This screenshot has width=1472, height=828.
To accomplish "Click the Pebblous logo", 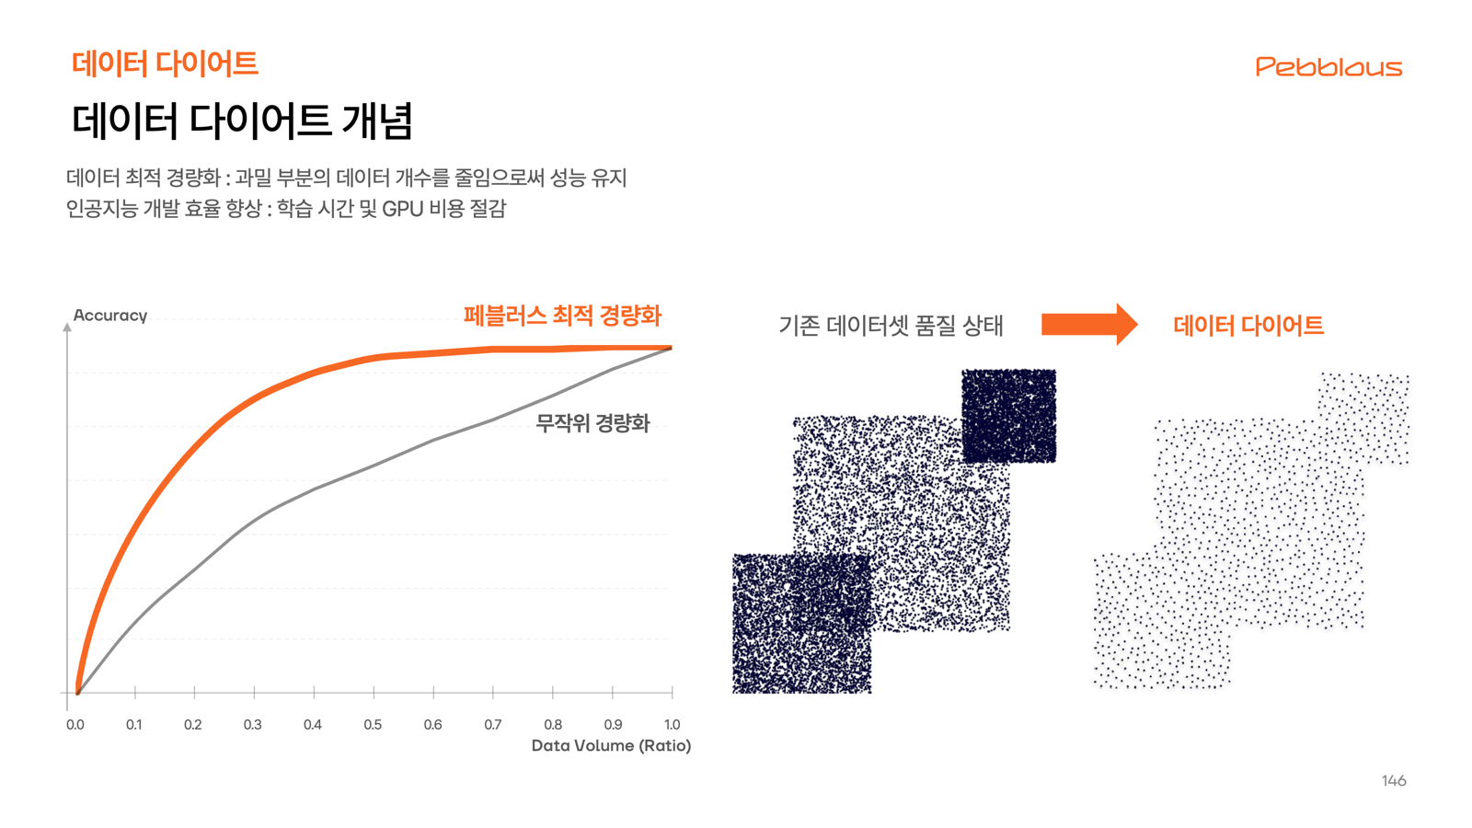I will [x=1328, y=67].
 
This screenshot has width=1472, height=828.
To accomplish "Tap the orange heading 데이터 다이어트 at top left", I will [x=165, y=63].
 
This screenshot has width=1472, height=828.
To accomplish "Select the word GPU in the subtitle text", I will [x=402, y=209].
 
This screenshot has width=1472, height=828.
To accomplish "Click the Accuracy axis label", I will [x=110, y=316].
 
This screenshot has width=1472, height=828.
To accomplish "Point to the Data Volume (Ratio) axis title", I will [x=611, y=745].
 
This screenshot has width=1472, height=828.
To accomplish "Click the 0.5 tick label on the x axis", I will [x=373, y=725].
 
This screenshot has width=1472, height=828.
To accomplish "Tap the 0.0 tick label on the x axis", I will [x=75, y=725].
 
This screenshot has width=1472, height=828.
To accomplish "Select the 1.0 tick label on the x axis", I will [x=672, y=725].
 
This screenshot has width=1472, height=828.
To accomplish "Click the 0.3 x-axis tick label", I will [x=253, y=725].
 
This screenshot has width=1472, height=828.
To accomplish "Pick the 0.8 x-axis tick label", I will [x=553, y=725].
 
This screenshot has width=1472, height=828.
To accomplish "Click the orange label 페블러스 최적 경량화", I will [x=562, y=316].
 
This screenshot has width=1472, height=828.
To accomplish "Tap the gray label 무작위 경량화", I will [x=592, y=423].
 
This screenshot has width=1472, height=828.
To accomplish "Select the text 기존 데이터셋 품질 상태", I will [x=891, y=326].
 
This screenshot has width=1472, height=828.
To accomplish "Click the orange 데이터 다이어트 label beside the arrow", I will [x=1248, y=326].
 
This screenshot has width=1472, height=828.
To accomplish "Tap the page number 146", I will [x=1393, y=780].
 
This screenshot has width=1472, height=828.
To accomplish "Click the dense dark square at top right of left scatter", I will [x=1009, y=416].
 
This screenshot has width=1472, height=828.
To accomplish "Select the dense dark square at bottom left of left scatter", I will [x=801, y=623].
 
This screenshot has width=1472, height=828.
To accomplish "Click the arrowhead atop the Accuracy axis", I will [x=67, y=327].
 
